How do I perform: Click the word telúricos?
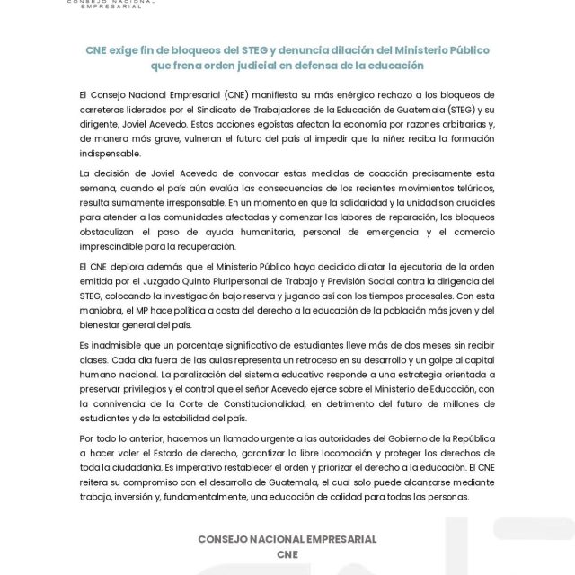466,188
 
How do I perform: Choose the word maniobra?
104,311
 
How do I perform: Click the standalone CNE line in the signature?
287,554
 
